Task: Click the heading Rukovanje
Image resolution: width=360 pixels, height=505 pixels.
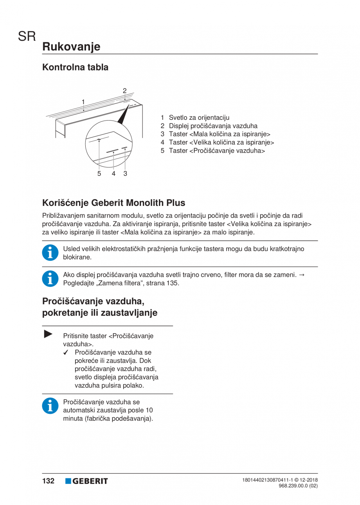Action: (x=71, y=47)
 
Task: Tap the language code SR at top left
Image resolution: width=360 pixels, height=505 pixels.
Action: (x=27, y=37)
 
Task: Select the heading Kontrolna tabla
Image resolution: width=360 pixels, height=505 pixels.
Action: (x=75, y=67)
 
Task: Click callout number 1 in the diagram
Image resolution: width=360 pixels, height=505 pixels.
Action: (x=83, y=102)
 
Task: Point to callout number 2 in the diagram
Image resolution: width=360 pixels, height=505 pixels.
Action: (x=124, y=91)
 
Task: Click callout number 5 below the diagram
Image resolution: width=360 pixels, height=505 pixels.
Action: (x=99, y=173)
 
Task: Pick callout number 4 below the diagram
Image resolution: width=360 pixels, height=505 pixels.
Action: (x=113, y=173)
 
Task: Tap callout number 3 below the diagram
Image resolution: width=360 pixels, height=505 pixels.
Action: (x=125, y=173)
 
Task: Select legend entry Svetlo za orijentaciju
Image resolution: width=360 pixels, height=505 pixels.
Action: (x=199, y=117)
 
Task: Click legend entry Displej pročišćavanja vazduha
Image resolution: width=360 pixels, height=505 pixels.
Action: (x=213, y=126)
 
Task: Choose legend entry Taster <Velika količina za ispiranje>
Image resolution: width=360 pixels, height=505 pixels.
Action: (x=221, y=142)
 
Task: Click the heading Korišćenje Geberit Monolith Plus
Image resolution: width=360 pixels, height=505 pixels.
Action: (x=113, y=203)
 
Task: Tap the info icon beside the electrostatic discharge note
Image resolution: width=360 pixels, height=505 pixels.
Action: (x=49, y=253)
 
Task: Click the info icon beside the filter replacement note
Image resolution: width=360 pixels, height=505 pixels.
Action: (x=49, y=278)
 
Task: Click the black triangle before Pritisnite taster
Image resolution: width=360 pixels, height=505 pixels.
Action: (x=48, y=334)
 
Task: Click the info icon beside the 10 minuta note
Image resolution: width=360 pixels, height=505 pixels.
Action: (x=49, y=406)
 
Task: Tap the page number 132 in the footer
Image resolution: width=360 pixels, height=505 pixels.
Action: (x=49, y=481)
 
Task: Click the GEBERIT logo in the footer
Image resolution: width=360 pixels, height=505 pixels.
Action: (x=86, y=481)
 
